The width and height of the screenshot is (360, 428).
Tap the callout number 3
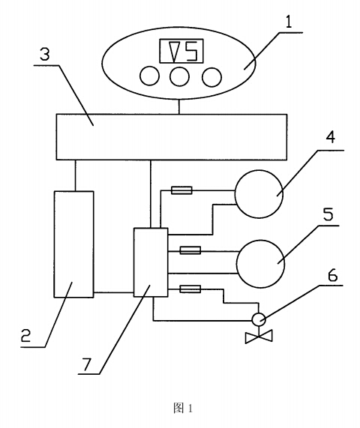tap(45, 55)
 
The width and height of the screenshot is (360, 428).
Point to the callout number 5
tap(328, 214)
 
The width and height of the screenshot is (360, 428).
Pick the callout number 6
tap(332, 275)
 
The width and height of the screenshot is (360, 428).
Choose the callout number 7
tap(86, 365)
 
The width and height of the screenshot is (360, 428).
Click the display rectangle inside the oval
tap(181, 51)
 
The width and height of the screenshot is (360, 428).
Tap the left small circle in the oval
tap(149, 76)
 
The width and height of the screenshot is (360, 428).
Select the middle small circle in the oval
tap(179, 76)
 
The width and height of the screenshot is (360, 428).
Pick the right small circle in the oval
tap(211, 77)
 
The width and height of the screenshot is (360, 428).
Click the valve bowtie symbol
tap(259, 337)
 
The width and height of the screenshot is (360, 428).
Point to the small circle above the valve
tap(259, 319)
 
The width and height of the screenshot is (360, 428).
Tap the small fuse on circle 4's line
tap(181, 190)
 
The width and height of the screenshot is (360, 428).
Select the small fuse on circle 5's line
tap(190, 250)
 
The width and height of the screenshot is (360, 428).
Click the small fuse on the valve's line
tap(190, 289)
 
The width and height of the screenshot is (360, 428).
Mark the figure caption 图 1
tap(183, 408)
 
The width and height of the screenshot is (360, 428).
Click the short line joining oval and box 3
tap(179, 107)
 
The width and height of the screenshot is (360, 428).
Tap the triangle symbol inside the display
tap(173, 51)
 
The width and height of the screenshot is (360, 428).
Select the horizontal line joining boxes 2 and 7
tap(114, 292)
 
